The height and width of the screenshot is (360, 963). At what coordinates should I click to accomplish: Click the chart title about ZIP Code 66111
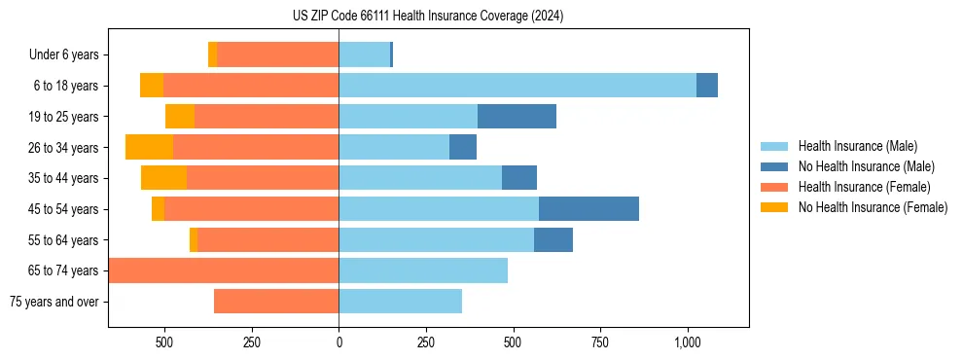tap(428, 17)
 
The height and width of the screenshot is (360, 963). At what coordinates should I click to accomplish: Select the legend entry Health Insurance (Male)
tap(857, 146)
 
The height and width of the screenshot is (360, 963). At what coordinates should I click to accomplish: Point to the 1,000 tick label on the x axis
tap(687, 342)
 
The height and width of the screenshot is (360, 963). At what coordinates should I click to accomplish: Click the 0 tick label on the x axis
tap(339, 342)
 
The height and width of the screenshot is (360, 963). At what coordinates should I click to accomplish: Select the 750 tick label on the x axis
tap(600, 342)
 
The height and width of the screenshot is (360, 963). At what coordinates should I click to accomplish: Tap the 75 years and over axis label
tap(53, 302)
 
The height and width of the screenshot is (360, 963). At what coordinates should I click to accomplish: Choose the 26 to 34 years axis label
tap(64, 148)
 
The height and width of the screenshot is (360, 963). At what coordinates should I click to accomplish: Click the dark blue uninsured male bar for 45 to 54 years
tap(588, 209)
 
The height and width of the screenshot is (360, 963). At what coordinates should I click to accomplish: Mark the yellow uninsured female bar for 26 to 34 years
tap(149, 147)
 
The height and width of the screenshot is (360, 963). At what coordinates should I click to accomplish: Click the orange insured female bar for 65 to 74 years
tap(224, 270)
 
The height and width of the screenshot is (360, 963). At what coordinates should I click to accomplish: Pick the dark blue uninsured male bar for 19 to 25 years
tap(517, 117)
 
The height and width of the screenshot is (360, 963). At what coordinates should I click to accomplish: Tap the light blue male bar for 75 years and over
tap(400, 302)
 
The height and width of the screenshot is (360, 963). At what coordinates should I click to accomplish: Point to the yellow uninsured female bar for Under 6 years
tap(212, 54)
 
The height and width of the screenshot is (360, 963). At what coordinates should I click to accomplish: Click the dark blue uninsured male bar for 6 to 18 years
tap(707, 86)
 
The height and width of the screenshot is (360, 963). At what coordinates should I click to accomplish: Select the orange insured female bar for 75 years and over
tap(276, 302)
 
